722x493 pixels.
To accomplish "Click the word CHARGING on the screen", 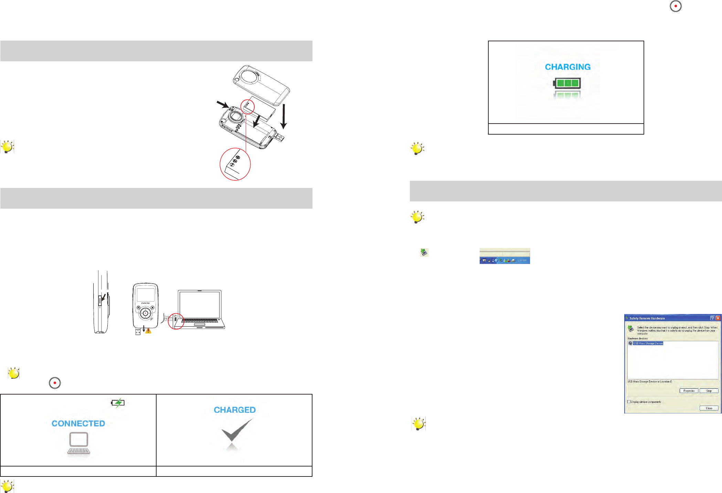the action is [x=567, y=67].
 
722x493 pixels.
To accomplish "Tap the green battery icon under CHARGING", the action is [x=567, y=83].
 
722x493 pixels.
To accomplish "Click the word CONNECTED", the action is [x=78, y=423].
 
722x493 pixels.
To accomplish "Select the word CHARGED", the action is [x=235, y=410].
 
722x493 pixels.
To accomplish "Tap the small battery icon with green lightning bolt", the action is [x=118, y=402].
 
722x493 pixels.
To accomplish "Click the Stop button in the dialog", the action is [x=709, y=391].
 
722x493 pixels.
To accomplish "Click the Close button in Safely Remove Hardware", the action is [x=709, y=408].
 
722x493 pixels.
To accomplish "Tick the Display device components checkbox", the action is [x=629, y=402].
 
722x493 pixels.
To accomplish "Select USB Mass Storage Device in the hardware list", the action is [x=648, y=343].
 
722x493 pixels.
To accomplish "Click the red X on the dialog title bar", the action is [x=718, y=318].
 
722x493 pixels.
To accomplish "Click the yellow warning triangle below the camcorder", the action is [x=148, y=331].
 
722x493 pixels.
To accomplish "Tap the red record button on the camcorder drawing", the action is [x=146, y=313].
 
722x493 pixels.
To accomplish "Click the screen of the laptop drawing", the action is [x=200, y=305].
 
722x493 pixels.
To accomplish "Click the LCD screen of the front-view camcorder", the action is [x=146, y=295].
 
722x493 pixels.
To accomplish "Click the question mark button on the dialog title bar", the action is [x=712, y=318].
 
